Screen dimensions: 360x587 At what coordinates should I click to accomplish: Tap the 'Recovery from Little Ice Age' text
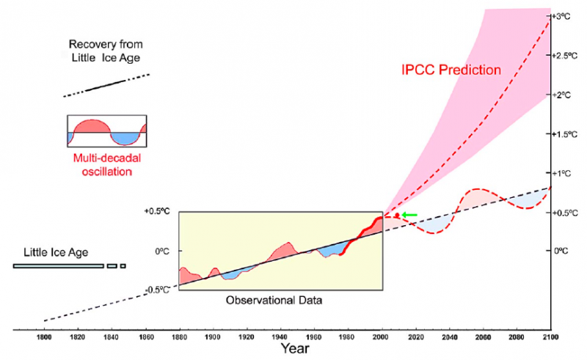[108, 51]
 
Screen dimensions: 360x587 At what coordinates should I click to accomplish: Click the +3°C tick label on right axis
[561, 16]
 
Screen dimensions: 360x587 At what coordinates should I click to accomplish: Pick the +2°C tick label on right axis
[561, 95]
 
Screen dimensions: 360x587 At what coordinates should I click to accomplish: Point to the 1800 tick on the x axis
[44, 338]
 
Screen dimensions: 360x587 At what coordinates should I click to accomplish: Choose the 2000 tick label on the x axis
[382, 338]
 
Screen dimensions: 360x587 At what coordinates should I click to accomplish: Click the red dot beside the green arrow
[397, 215]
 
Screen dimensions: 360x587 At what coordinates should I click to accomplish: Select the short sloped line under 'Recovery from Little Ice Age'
[107, 85]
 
